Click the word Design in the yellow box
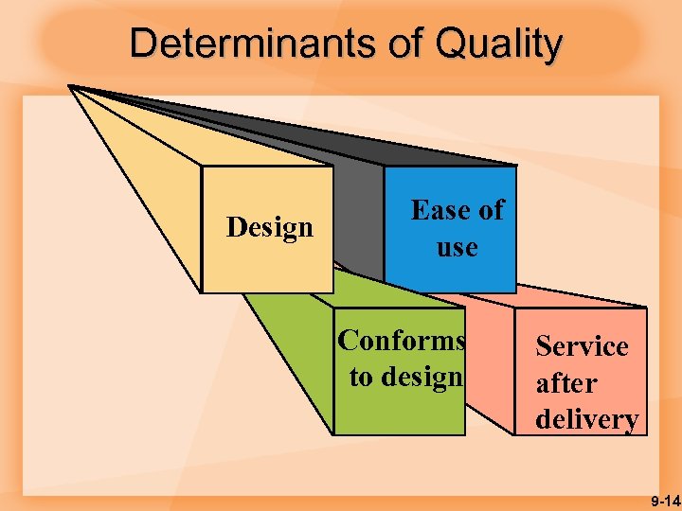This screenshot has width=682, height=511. tap(270, 227)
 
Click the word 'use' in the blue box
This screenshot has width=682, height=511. tap(457, 248)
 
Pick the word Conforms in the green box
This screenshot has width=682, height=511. tap(402, 340)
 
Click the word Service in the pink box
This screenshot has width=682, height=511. tap(582, 346)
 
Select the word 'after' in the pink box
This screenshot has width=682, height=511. tap(566, 383)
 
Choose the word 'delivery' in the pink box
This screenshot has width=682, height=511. tap(586, 419)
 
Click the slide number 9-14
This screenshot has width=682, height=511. tap(665, 500)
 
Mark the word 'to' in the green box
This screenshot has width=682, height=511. tap(361, 377)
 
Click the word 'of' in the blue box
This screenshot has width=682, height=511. tap(490, 210)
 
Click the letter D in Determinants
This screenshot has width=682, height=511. tap(141, 44)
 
